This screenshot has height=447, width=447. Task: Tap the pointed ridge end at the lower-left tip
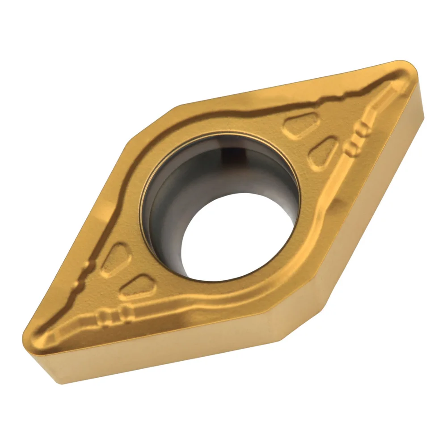49,333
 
